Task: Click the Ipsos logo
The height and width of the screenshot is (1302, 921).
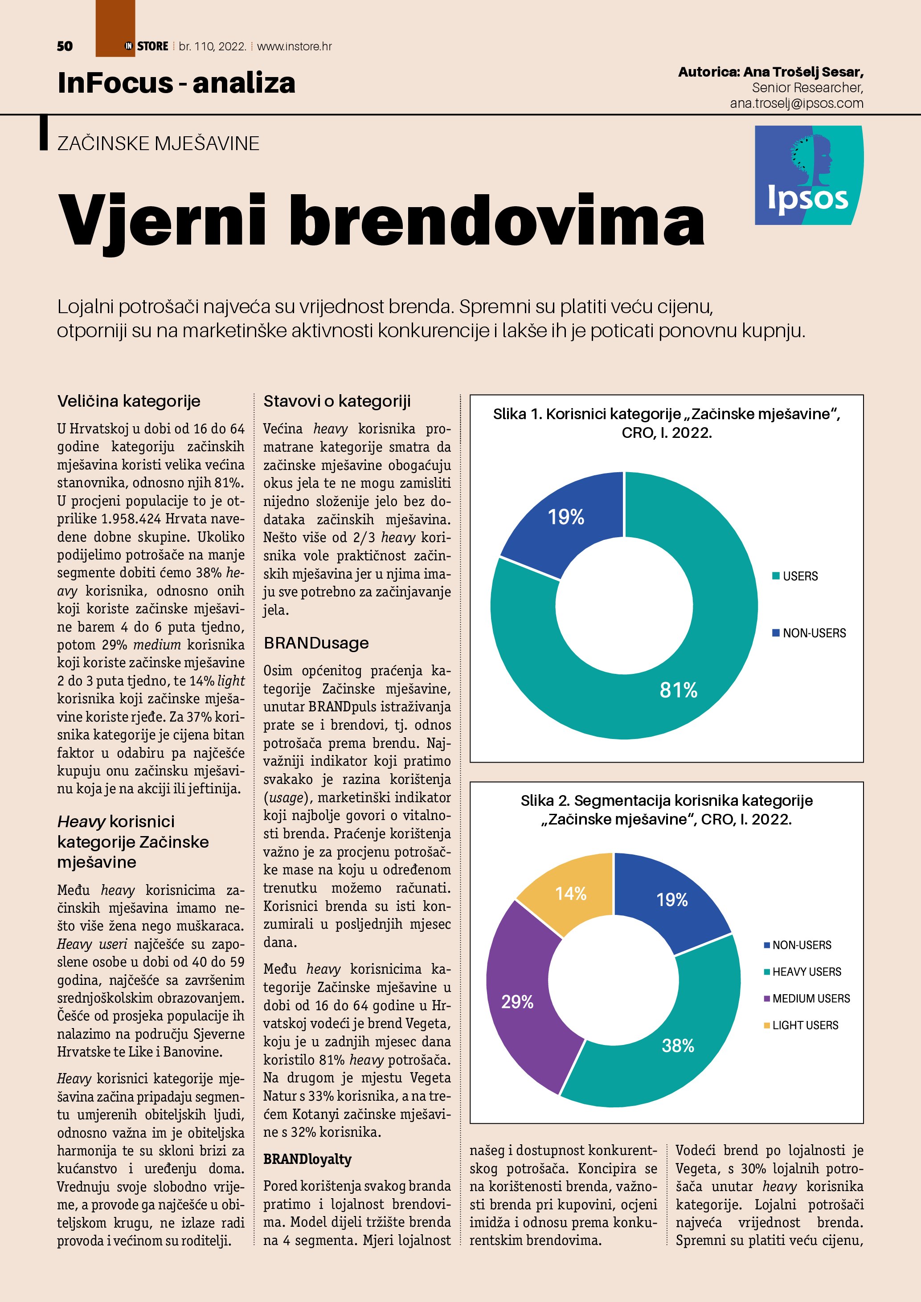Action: click(x=808, y=175)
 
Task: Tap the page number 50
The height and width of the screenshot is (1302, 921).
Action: click(x=65, y=46)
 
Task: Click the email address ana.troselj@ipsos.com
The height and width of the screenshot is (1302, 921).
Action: click(x=796, y=103)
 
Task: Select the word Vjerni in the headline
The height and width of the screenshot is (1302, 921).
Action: click(x=162, y=220)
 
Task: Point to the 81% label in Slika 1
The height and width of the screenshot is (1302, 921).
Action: click(x=678, y=690)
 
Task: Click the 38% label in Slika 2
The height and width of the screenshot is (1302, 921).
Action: click(x=678, y=1045)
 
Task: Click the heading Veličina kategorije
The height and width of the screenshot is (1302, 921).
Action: click(x=129, y=401)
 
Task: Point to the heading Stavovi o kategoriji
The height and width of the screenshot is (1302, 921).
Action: click(x=337, y=401)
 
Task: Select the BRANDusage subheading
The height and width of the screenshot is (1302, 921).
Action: click(x=316, y=643)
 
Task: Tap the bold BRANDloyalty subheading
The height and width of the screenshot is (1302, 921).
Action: click(x=307, y=1159)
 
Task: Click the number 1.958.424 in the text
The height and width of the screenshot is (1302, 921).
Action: click(x=131, y=519)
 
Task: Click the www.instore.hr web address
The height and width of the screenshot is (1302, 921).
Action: click(x=295, y=46)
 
